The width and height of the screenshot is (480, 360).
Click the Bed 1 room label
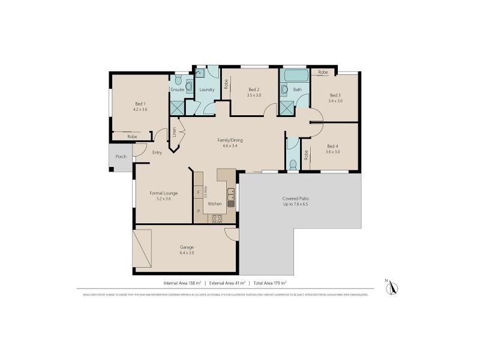140,103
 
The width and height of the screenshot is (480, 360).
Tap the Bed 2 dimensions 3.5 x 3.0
254,95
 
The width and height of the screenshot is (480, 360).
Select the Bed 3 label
335,95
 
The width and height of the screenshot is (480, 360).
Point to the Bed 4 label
333,146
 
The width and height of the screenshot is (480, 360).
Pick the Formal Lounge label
164,193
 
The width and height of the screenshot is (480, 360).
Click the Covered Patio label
295,199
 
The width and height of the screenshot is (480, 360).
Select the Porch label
121,156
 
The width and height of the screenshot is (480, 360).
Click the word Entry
157,152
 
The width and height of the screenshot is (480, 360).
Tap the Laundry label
207,90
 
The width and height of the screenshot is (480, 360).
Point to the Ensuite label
178,90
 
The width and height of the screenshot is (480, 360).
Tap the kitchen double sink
230,194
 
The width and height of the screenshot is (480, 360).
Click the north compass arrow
393,289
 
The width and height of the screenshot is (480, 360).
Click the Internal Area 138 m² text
181,283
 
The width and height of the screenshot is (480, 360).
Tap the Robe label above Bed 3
323,72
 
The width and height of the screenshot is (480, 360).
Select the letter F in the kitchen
198,192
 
